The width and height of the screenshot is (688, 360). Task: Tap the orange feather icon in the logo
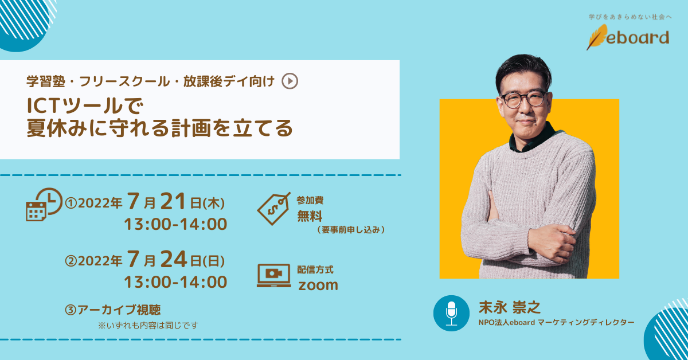click(596, 37)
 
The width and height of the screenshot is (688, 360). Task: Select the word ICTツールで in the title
click(84, 106)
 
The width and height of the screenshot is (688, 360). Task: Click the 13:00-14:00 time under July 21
click(175, 224)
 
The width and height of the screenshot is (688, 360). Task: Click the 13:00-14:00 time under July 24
click(175, 282)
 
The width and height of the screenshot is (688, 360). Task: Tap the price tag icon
click(273, 208)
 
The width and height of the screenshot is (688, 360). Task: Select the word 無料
click(310, 216)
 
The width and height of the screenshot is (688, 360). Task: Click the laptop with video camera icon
click(273, 276)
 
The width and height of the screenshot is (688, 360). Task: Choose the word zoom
click(318, 284)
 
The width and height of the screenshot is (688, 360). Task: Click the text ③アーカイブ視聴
click(113, 310)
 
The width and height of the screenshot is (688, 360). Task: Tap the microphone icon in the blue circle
click(452, 313)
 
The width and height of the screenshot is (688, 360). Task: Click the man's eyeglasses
click(523, 99)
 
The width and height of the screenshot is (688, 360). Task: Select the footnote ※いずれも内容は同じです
click(148, 326)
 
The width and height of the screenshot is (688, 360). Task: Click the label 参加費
click(310, 201)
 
